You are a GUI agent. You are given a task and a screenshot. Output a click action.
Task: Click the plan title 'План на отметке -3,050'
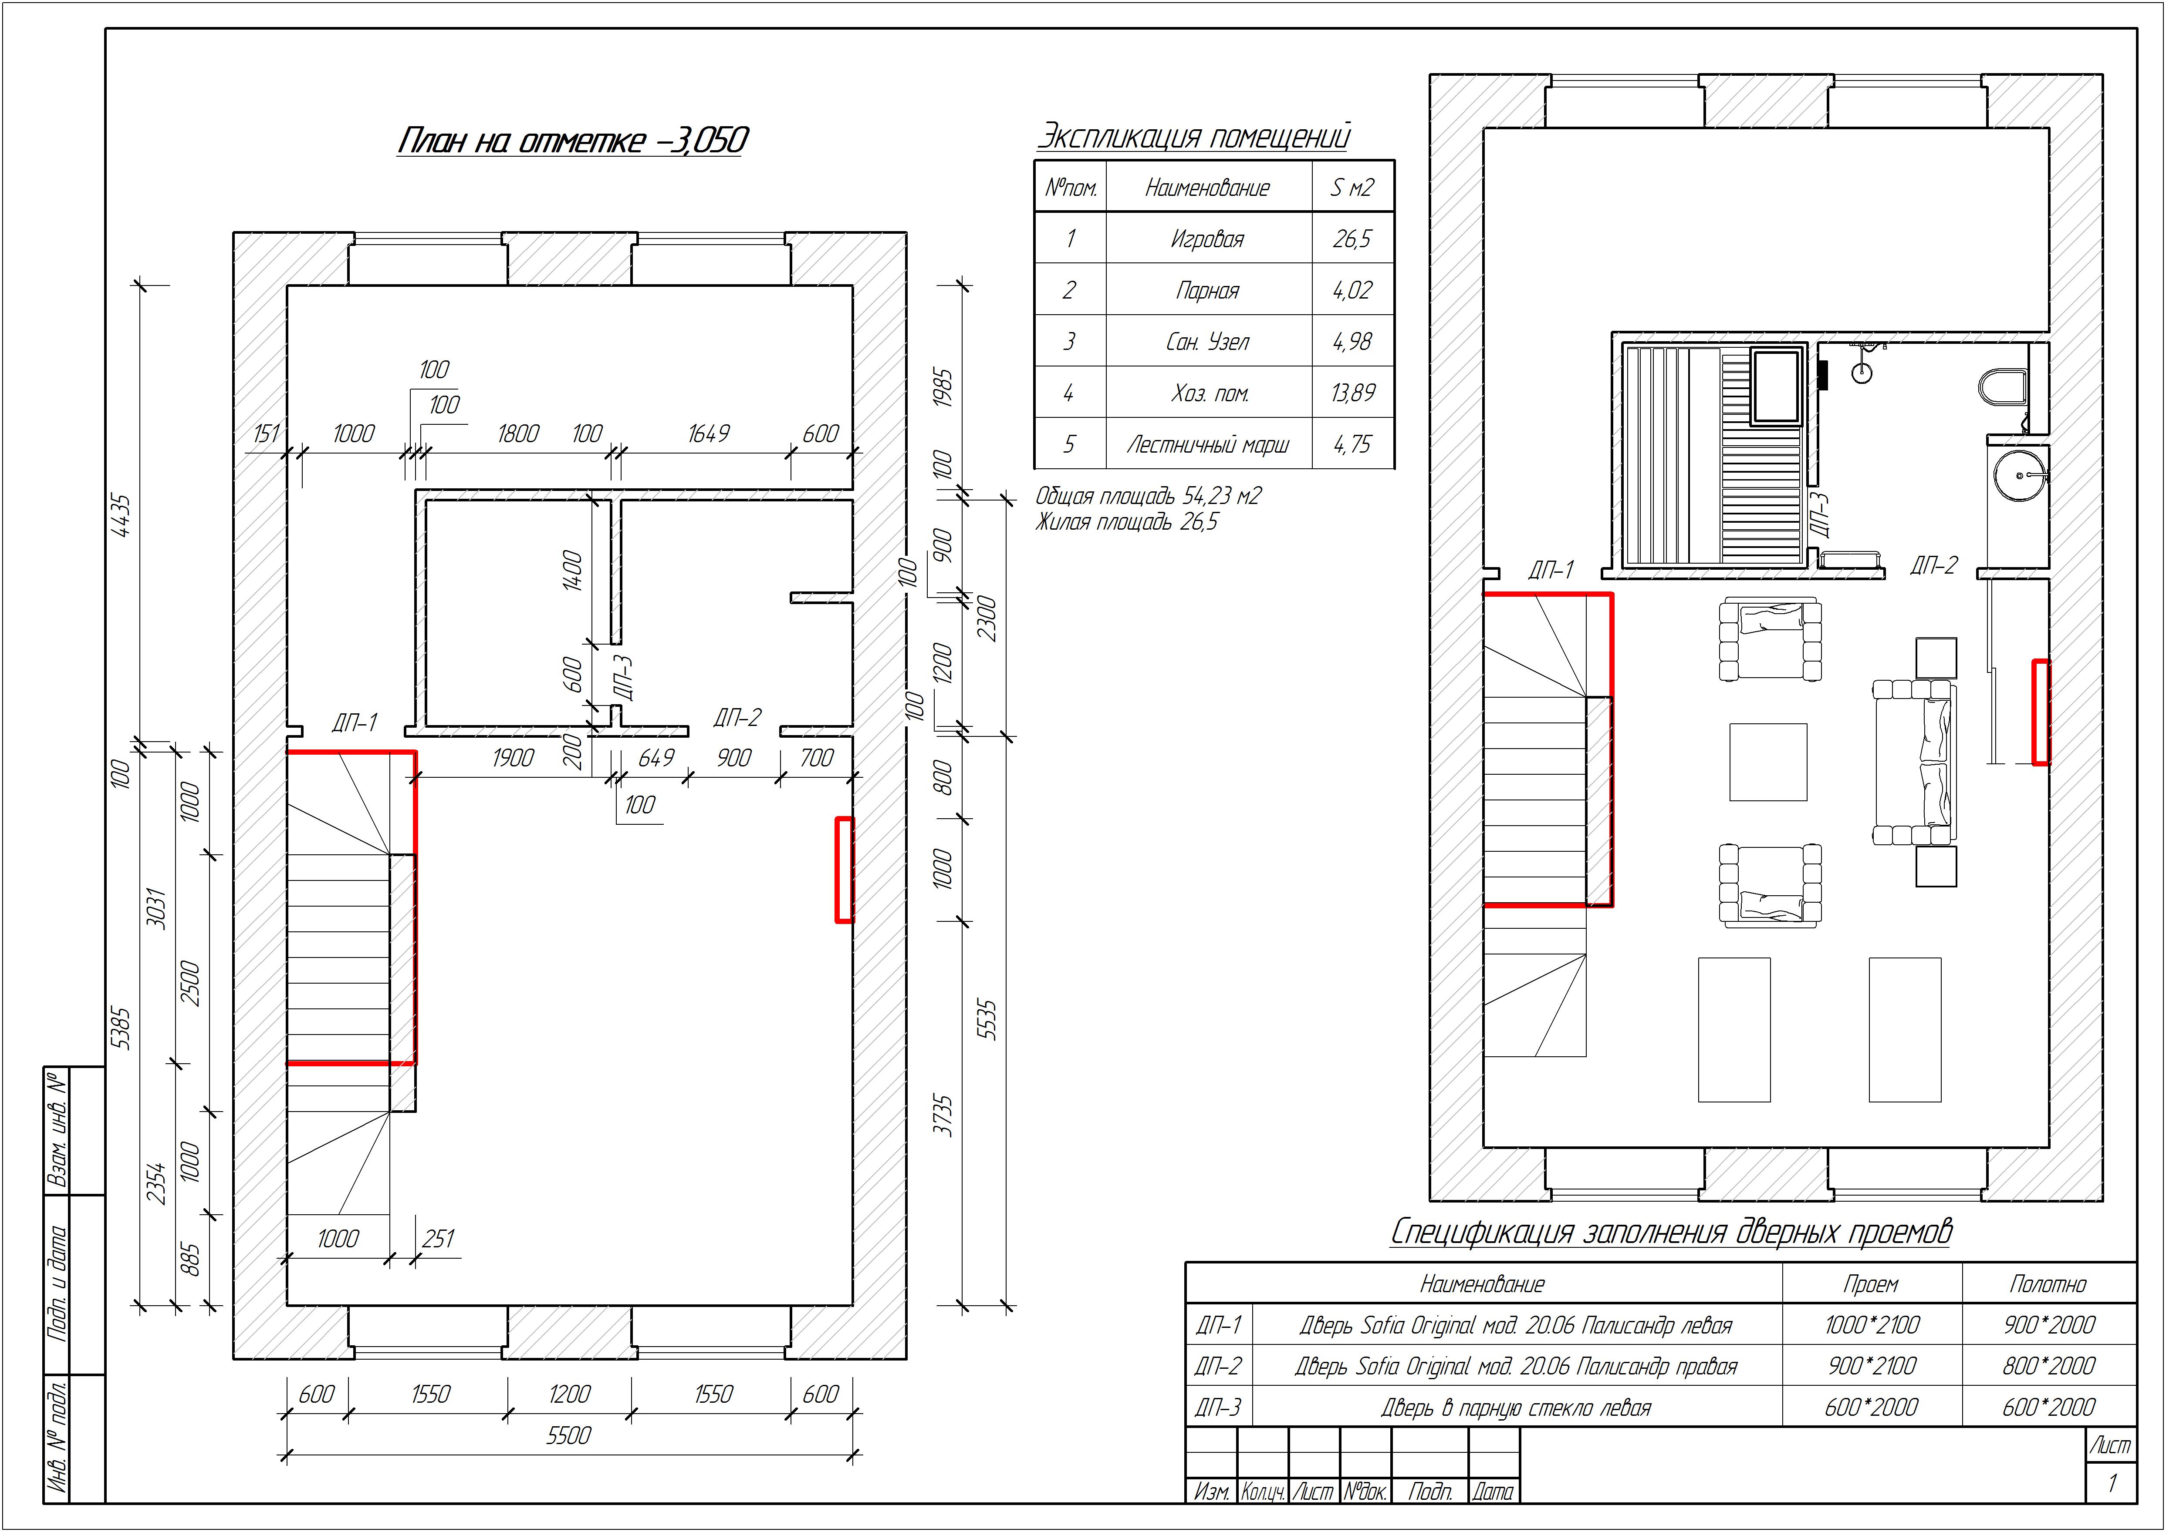pos(572,141)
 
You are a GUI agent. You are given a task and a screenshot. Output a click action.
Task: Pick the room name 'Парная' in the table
pos(1207,291)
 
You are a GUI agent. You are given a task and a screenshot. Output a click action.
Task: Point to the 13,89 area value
pos(1352,393)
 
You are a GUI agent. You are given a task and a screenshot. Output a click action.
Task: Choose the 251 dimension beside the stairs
pos(438,1239)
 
